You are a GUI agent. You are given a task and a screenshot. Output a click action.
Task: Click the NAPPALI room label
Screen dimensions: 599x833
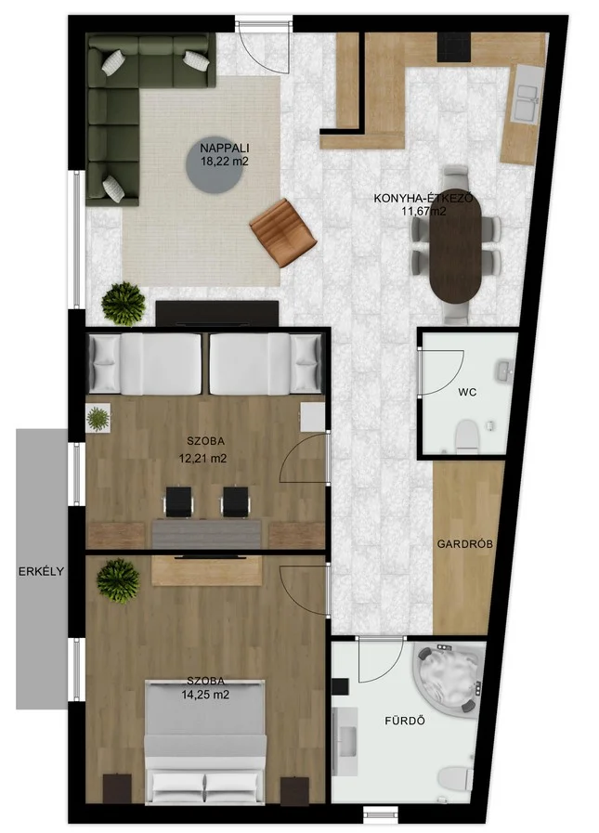[x=225, y=149]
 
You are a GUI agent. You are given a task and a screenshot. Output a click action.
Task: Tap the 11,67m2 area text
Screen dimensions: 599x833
[x=423, y=212]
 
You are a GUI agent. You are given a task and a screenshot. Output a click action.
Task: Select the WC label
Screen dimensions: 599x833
[x=467, y=393]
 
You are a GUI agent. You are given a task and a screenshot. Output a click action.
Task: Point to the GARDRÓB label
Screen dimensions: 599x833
[x=465, y=544]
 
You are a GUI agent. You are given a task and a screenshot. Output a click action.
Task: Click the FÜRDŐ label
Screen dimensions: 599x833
[x=405, y=721]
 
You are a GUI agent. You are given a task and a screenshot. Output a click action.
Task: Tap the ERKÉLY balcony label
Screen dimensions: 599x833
[x=41, y=572]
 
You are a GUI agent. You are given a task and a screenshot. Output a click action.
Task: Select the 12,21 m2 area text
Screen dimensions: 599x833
[x=203, y=458]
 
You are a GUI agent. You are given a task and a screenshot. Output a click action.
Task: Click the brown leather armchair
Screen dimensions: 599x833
[x=283, y=233]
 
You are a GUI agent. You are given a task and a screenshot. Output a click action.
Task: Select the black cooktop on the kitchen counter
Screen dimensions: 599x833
[x=454, y=46]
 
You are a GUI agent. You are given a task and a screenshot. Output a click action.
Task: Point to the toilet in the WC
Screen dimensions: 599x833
[x=468, y=436]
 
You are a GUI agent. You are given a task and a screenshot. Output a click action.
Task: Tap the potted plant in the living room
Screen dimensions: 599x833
[x=124, y=304]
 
